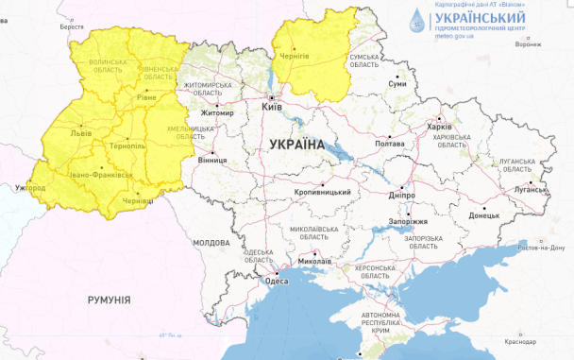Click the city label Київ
(273, 109)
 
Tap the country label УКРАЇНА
(296, 145)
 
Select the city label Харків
(439, 127)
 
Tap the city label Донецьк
(484, 216)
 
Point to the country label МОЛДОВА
(211, 243)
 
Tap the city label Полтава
(389, 144)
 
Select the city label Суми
(397, 83)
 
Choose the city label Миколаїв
(313, 262)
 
